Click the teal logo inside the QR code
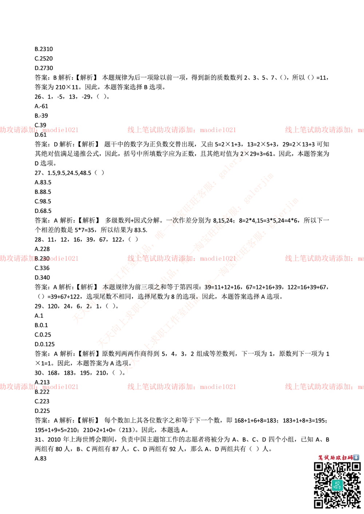click(337, 485)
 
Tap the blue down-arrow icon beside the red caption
click(356, 457)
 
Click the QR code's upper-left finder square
click(318, 467)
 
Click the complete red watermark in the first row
click(181, 130)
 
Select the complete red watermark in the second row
click(181, 258)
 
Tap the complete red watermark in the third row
click(181, 387)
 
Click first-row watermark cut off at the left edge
click(39, 130)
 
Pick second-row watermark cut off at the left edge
click(39, 258)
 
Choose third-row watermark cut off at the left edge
click(39, 387)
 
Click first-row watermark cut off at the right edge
click(324, 130)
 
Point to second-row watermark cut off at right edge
click(324, 258)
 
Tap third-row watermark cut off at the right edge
click(324, 387)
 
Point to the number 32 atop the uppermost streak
click(240, 154)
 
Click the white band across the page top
click(182, 31)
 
